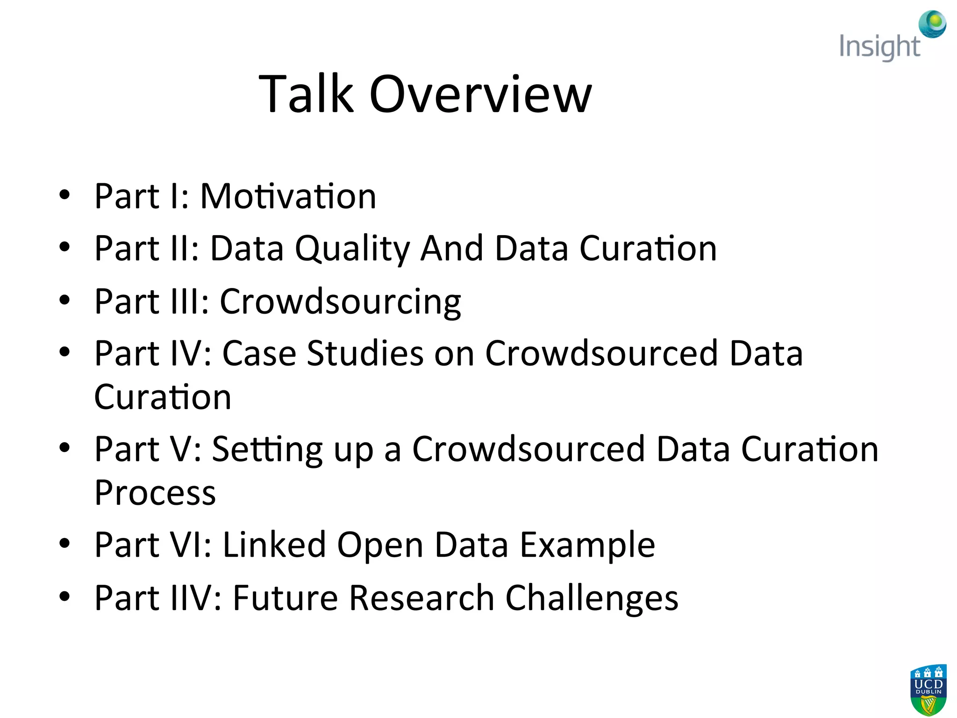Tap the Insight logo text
tap(879, 47)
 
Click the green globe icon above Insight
tap(932, 24)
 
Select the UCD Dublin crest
tap(928, 690)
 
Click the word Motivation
tap(288, 196)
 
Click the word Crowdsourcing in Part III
tap(340, 302)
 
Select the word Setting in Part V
tap(267, 449)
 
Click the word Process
tap(155, 493)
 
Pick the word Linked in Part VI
tap(274, 545)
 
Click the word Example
tap(587, 545)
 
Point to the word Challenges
tap(592, 598)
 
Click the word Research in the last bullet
tap(421, 598)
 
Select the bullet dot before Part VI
tap(64, 543)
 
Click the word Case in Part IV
tap(259, 353)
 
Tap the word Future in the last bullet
tap(285, 598)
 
